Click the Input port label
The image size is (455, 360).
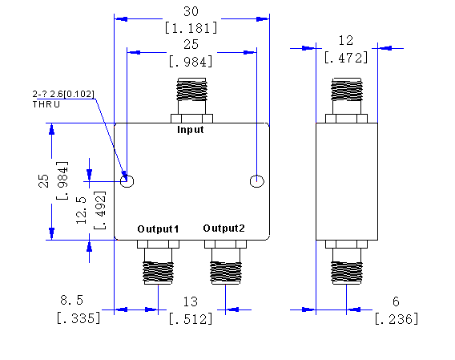191,130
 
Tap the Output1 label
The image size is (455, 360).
158,229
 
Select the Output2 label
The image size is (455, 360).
223,229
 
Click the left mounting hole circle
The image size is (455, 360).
127,181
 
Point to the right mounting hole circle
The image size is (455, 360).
257,181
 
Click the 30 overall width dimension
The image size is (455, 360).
191,11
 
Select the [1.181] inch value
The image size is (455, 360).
191,28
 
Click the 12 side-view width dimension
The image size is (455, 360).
346,40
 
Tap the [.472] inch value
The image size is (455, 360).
346,58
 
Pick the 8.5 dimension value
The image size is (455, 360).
71,300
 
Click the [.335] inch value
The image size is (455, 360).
79,318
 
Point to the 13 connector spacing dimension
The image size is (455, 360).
191,302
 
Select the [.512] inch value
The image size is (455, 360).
191,319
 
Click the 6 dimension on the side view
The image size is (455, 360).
396,301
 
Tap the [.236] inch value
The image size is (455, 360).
397,319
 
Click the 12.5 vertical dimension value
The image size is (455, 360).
82,210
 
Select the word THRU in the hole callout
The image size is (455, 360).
46,104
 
